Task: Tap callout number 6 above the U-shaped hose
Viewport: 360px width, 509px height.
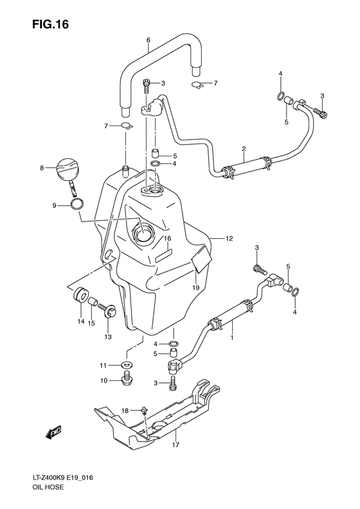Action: [148, 41]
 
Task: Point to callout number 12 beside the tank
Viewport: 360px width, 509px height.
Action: [228, 239]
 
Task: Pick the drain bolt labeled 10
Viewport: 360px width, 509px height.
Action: [126, 379]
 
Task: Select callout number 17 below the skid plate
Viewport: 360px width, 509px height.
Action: [175, 445]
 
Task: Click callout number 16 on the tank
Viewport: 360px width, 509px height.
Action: [167, 241]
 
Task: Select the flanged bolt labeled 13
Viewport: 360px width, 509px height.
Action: [109, 314]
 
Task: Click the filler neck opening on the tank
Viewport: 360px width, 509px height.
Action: [145, 233]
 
